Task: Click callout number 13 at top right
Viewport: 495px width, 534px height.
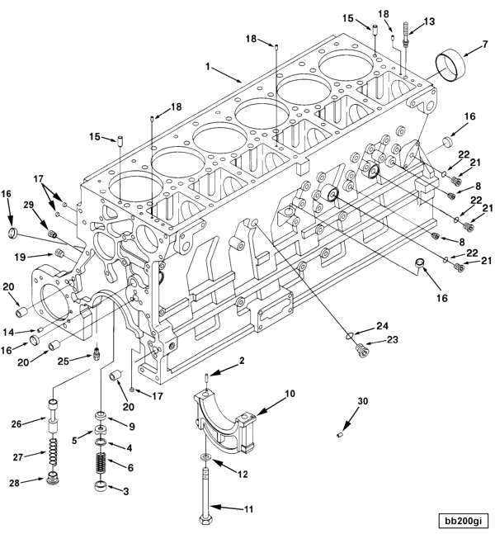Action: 427,21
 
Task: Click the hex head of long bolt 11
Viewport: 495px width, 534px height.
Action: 205,519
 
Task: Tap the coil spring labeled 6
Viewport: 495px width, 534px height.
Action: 102,465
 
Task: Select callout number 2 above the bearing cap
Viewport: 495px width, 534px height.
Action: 242,361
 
